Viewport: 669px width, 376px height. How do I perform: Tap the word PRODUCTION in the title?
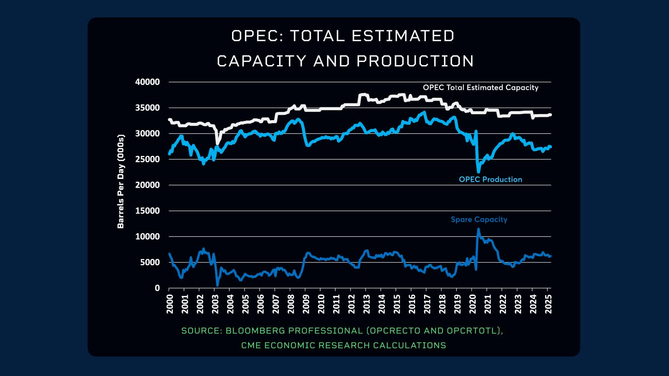pyautogui.click(x=415, y=61)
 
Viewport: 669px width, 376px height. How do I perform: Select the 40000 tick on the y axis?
pyautogui.click(x=147, y=82)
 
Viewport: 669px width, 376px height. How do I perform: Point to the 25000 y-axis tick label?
pyautogui.click(x=147, y=159)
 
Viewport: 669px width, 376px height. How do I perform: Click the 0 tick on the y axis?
pyautogui.click(x=157, y=288)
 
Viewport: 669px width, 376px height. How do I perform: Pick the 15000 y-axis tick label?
pyautogui.click(x=147, y=211)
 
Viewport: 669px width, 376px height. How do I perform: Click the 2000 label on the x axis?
pyautogui.click(x=170, y=304)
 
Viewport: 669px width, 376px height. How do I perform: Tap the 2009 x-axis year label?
pyautogui.click(x=306, y=304)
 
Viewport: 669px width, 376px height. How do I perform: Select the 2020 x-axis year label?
pyautogui.click(x=473, y=304)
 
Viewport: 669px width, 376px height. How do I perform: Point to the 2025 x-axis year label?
pyautogui.click(x=548, y=304)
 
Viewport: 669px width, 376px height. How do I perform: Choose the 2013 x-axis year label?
pyautogui.click(x=367, y=304)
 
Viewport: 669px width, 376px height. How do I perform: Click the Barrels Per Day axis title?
pyautogui.click(x=121, y=181)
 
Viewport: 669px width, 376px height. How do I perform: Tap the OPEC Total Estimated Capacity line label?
pyautogui.click(x=480, y=88)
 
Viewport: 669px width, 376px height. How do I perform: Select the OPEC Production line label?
pyautogui.click(x=490, y=180)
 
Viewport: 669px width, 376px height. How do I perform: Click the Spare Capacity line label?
pyautogui.click(x=479, y=220)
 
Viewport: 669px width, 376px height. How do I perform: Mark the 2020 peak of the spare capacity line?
pyautogui.click(x=478, y=229)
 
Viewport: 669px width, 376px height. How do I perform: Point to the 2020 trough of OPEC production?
pyautogui.click(x=478, y=172)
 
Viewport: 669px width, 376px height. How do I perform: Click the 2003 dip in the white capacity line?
pyautogui.click(x=218, y=143)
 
